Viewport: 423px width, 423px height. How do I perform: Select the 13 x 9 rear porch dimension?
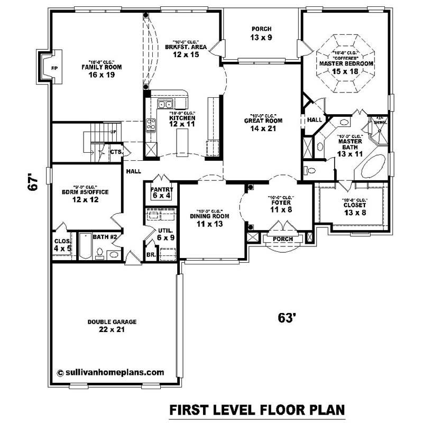[x=261, y=38]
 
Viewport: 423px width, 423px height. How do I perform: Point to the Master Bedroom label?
[x=346, y=63]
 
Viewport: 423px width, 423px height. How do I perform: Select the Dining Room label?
[x=209, y=216]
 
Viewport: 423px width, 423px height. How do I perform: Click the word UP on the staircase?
[x=113, y=131]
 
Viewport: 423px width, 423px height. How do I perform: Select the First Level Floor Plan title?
[x=257, y=410]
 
